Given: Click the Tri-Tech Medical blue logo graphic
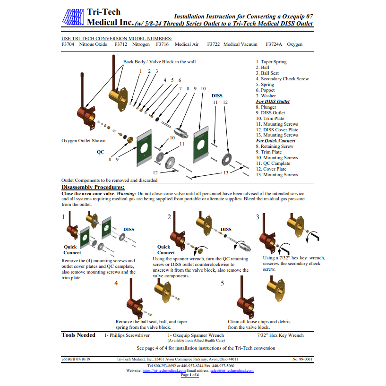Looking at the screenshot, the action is tap(73, 17).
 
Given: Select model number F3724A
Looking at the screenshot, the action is tap(274, 44).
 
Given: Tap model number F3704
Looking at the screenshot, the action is tap(68, 44).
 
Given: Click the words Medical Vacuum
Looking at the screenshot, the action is tap(240, 44).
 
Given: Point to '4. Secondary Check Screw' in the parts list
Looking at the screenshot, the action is tap(282, 79).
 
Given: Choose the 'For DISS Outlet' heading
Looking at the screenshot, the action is tap(273, 102).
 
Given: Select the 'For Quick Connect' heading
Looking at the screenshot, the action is tap(275, 141).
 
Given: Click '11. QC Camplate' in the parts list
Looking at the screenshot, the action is tap(273, 163).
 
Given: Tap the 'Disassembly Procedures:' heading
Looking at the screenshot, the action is tap(93, 187).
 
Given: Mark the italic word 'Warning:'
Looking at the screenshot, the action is tap(126, 194).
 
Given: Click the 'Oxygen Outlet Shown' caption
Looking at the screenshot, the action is tap(84, 141).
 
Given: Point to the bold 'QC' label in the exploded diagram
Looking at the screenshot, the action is tap(100, 152).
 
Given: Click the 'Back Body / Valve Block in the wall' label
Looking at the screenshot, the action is tap(160, 62).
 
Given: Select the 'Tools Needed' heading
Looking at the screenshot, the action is tap(78, 335).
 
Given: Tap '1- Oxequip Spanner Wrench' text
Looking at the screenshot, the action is tap(196, 335).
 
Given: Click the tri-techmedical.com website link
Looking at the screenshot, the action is tap(164, 370).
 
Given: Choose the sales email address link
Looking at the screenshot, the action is tap(232, 370).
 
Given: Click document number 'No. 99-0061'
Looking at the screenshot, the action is tap(302, 359).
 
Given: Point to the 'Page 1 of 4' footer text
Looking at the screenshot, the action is tap(190, 375).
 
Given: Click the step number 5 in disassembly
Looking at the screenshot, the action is tap(223, 283).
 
